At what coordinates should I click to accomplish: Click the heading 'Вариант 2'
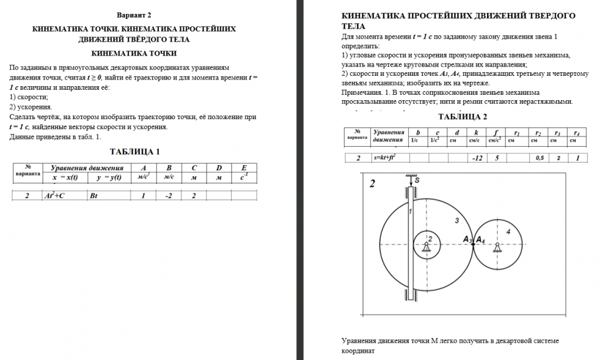point(134,14)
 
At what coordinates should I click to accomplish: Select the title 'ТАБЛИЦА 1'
point(134,152)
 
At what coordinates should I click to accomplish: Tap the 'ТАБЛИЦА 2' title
point(463,117)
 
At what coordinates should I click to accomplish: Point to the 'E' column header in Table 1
point(244,168)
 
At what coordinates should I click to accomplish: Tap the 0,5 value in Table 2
point(539,158)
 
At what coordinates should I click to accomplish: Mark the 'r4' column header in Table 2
point(577,132)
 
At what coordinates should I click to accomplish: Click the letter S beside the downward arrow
point(417,180)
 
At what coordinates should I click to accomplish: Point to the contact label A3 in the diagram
point(467,239)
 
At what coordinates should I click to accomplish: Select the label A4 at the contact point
point(481,239)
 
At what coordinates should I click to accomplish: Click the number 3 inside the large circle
point(456,219)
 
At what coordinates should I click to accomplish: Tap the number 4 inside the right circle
point(508,231)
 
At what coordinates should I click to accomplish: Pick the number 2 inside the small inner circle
point(430,238)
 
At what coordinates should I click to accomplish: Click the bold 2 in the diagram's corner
point(372,183)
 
